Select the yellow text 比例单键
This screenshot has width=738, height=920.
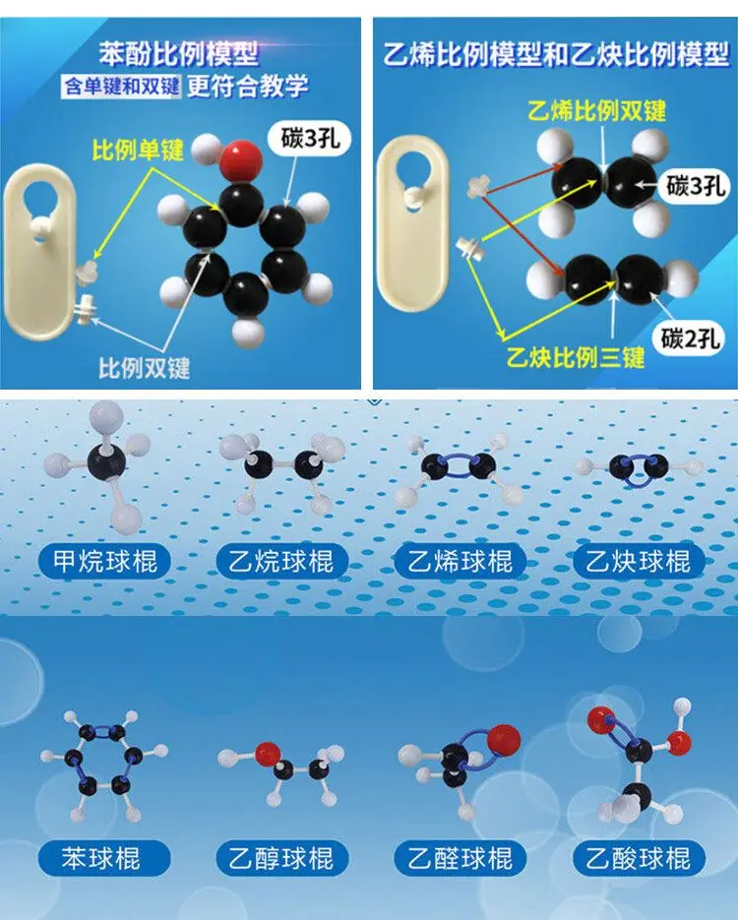coord(138,151)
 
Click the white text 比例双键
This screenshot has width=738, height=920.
coord(144,369)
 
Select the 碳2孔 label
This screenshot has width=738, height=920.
coord(692,340)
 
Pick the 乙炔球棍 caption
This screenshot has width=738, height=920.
coord(639,562)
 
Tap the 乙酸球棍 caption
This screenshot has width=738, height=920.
coord(639,857)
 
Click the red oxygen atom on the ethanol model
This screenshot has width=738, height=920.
coord(266,754)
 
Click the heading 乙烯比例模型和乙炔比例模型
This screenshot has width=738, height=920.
coord(555,54)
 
